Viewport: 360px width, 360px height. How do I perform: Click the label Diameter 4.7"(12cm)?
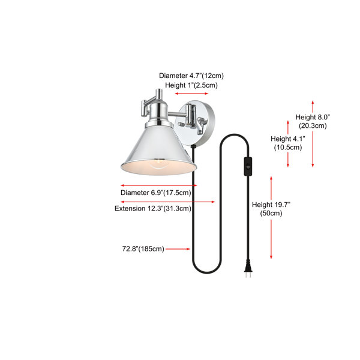191,76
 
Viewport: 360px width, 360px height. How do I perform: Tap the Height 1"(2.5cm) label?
191,85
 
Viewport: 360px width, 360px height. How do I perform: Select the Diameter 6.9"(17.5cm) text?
156,193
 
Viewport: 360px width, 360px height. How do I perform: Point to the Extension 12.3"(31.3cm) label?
153,208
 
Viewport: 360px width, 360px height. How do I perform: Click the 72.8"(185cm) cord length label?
143,249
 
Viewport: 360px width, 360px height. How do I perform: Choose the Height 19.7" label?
271,205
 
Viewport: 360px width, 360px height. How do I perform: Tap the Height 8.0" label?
313,117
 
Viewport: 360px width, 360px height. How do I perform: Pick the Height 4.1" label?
288,139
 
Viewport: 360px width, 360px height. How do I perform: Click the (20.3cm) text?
313,126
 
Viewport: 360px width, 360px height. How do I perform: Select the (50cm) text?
271,213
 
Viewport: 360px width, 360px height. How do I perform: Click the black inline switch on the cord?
248,166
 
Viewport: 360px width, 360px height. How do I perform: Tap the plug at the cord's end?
248,269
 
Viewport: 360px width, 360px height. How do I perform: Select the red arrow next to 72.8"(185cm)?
178,249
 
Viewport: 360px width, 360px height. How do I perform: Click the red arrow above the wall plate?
191,94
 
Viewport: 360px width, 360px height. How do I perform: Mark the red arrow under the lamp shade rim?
159,185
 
